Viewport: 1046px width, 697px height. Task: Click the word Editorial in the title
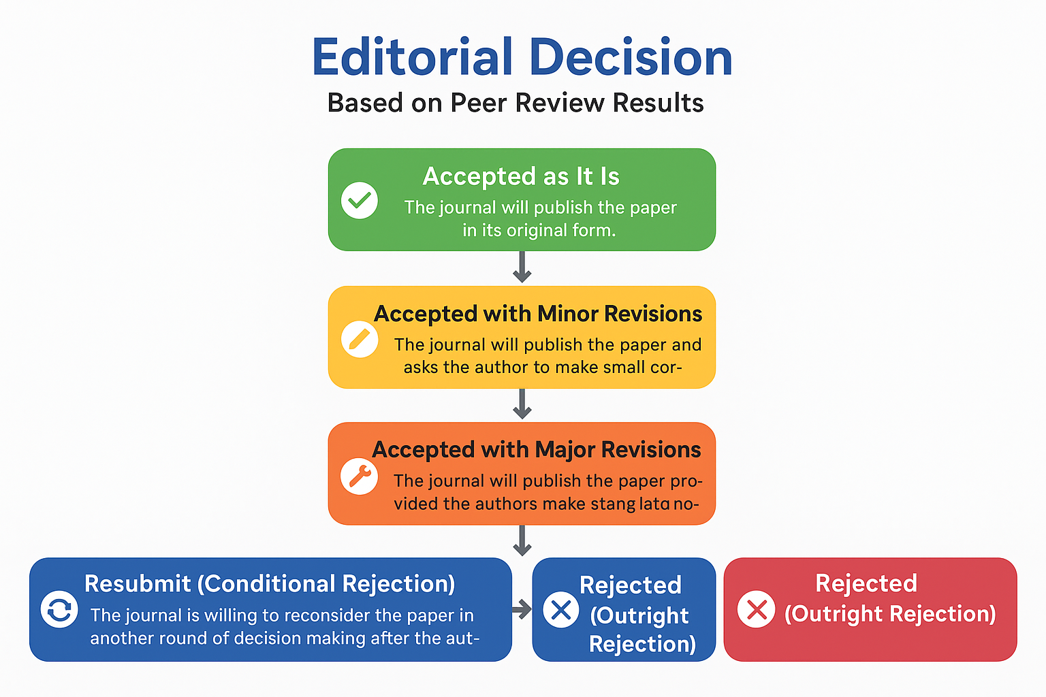412,57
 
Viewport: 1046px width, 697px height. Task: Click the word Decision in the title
631,57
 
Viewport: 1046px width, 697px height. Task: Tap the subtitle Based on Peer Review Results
516,103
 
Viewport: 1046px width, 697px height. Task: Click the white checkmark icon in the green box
360,200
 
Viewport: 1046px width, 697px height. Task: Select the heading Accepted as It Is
521,176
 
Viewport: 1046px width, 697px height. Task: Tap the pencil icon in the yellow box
360,338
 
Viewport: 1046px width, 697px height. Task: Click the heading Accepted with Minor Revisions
538,314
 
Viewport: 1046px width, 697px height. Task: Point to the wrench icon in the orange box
360,476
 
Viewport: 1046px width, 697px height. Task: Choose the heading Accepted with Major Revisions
537,450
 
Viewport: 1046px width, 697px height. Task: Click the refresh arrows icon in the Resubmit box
59,609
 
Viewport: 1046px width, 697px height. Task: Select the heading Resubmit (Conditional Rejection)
270,584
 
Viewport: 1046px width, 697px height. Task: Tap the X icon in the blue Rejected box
561,609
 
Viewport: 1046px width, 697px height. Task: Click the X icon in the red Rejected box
757,609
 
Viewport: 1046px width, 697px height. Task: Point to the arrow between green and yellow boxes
522,268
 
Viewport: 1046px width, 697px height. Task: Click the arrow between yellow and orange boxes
522,404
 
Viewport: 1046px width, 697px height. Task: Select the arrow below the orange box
522,541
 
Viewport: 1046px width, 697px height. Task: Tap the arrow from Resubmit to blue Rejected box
522,609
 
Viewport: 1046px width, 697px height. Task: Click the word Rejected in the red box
866,583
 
